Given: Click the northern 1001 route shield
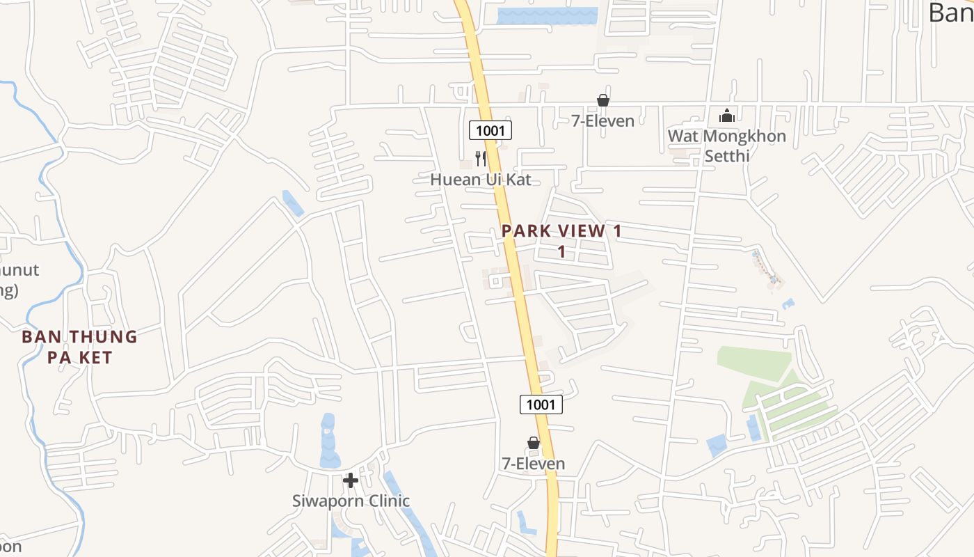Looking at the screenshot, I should pyautogui.click(x=490, y=130).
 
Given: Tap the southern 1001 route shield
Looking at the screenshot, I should pyautogui.click(x=541, y=405).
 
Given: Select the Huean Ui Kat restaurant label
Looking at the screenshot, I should pyautogui.click(x=480, y=180).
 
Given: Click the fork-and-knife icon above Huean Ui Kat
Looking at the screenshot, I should pyautogui.click(x=480, y=159).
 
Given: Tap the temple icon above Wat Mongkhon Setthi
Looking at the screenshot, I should pyautogui.click(x=727, y=116).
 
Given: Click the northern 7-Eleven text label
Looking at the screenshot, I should pyautogui.click(x=603, y=121).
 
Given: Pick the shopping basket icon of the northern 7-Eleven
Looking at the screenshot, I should pyautogui.click(x=603, y=101).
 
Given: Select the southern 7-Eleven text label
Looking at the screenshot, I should pyautogui.click(x=534, y=464).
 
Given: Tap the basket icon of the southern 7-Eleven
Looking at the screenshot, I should pyautogui.click(x=534, y=443).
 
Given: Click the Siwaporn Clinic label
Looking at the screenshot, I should pyautogui.click(x=351, y=501).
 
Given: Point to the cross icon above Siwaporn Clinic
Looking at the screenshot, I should pyautogui.click(x=351, y=480).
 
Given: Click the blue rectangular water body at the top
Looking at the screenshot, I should pyautogui.click(x=547, y=16).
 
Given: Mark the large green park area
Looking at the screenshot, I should pyautogui.click(x=755, y=363).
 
